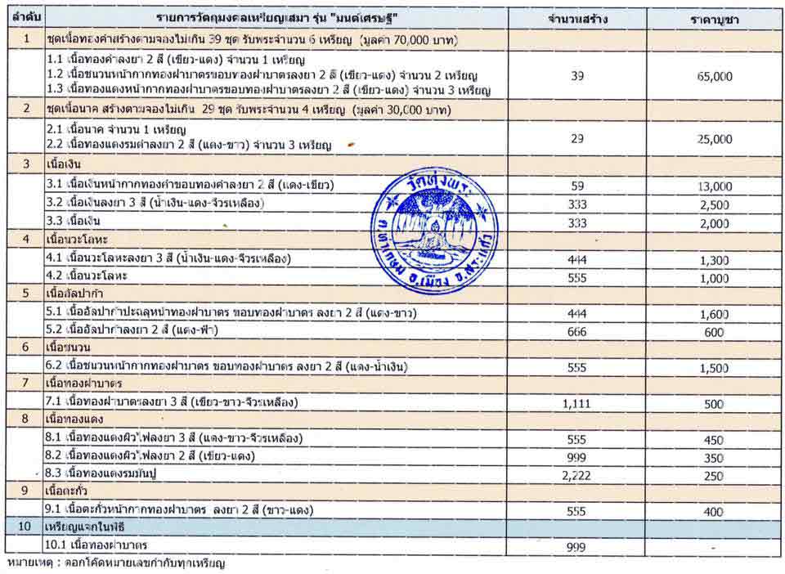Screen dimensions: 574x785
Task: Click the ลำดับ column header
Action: coord(27,18)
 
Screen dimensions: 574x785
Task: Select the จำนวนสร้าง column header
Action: coord(577,18)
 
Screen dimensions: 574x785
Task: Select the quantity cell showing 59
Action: coord(577,186)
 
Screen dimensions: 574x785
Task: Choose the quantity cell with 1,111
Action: coord(577,402)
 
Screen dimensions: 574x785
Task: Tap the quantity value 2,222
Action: coord(577,473)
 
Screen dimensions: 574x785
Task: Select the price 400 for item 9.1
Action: coord(713,511)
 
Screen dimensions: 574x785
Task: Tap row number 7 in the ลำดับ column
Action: coord(25,383)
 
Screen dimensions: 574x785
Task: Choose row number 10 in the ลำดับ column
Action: coord(25,527)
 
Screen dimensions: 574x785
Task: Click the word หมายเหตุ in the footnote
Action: coord(26,563)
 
